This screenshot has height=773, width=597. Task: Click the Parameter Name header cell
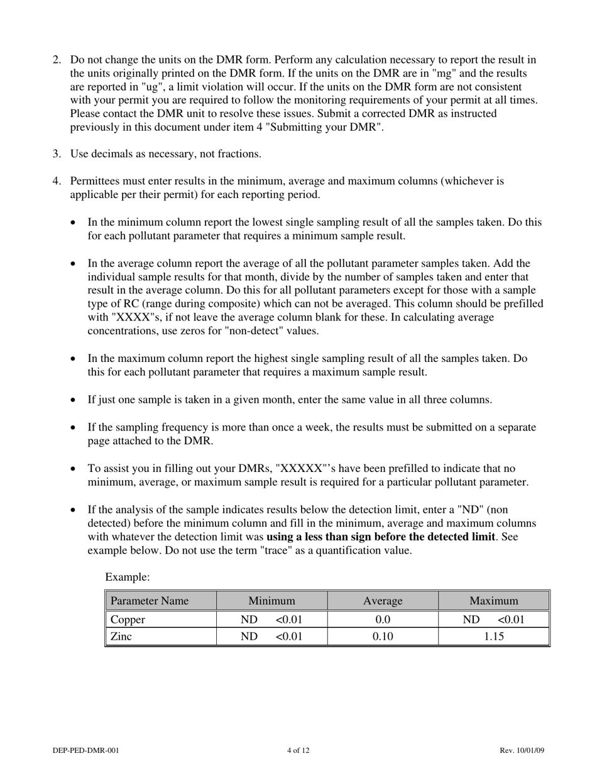150,601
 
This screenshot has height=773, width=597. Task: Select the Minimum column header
271,601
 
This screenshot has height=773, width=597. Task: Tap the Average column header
382,601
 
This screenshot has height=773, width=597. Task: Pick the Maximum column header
493,601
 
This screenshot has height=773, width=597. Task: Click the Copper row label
128,620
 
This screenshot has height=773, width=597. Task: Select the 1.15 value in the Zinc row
493,637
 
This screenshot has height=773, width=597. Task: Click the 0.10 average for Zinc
382,637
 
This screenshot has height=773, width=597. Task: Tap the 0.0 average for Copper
382,620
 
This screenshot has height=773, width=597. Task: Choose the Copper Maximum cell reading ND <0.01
493,620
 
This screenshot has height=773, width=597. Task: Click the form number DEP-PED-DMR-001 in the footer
86,750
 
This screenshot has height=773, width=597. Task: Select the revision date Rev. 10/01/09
522,750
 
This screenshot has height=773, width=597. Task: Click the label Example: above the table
128,576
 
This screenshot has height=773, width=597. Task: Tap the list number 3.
57,154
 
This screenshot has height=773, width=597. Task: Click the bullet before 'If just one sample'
75,400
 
